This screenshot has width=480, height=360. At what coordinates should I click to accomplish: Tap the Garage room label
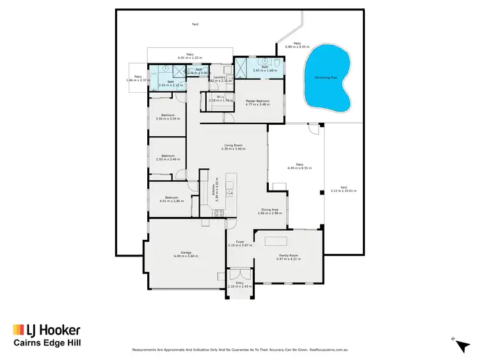point(186,253)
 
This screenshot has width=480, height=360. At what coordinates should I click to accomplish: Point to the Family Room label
point(288,255)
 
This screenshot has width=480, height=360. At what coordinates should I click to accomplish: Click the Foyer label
point(241,241)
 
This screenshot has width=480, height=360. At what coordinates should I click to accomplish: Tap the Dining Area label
point(269,210)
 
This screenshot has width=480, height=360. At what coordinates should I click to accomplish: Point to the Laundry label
point(219,77)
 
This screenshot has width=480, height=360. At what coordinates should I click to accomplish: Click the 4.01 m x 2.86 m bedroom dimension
point(170,201)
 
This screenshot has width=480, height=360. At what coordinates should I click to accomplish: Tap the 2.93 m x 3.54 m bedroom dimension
point(168,119)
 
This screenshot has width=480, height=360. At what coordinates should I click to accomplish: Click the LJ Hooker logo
point(46,330)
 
